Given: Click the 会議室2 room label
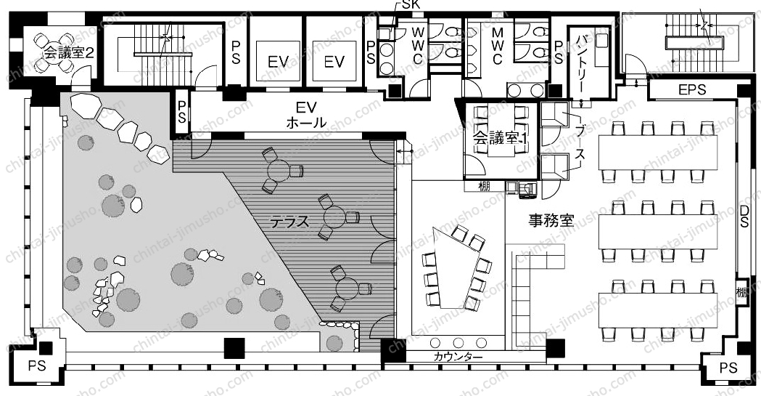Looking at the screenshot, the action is [x=69, y=52].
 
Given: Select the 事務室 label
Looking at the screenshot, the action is [x=551, y=221].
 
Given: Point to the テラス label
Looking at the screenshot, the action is [x=289, y=222].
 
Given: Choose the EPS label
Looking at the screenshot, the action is [x=692, y=90].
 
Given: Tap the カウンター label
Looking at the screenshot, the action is [x=458, y=357].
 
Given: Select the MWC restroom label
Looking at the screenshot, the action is [x=498, y=47].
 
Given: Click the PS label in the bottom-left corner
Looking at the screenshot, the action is [x=37, y=365].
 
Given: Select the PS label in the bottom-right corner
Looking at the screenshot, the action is [x=728, y=368].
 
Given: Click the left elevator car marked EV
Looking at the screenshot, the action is [x=278, y=62].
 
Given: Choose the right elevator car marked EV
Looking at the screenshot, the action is [x=334, y=62].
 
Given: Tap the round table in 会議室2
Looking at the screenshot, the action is [x=54, y=51].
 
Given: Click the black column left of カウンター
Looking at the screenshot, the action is [x=392, y=349].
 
